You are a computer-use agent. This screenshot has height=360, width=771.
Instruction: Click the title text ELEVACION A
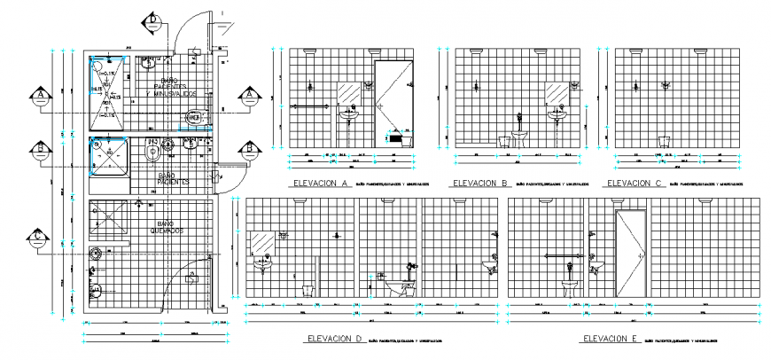pos(318,184)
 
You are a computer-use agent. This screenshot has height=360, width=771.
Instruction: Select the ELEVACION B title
pos(479,184)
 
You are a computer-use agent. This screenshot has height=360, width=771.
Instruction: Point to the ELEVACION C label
pos(632,184)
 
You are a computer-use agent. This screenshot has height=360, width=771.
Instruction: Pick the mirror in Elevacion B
pos(556,93)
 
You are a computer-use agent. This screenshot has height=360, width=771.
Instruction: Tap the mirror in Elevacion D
pos(262,242)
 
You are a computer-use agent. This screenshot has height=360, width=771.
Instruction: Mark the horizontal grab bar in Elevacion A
pos(307,106)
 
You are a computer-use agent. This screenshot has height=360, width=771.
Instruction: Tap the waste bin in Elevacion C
pos(663,140)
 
